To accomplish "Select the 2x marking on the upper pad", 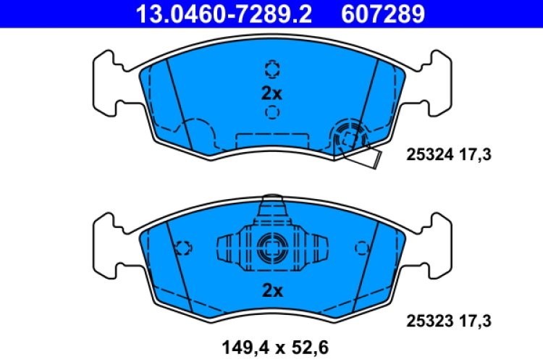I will [x=271, y=93].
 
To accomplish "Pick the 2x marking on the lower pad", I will [x=271, y=291].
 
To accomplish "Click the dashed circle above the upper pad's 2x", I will [x=271, y=69].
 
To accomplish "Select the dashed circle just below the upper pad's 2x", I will [x=271, y=112].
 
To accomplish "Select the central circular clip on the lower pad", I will [x=271, y=247].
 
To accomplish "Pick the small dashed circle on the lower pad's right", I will [x=360, y=247].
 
